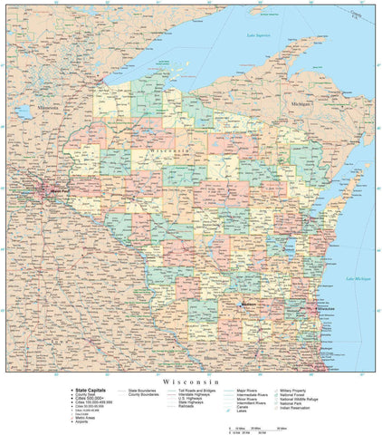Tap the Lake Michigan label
pyautogui.click(x=358, y=278)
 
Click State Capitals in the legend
pyautogui.click(x=87, y=390)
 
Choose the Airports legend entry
pyautogui.click(x=82, y=422)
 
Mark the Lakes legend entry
pyautogui.click(x=243, y=413)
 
